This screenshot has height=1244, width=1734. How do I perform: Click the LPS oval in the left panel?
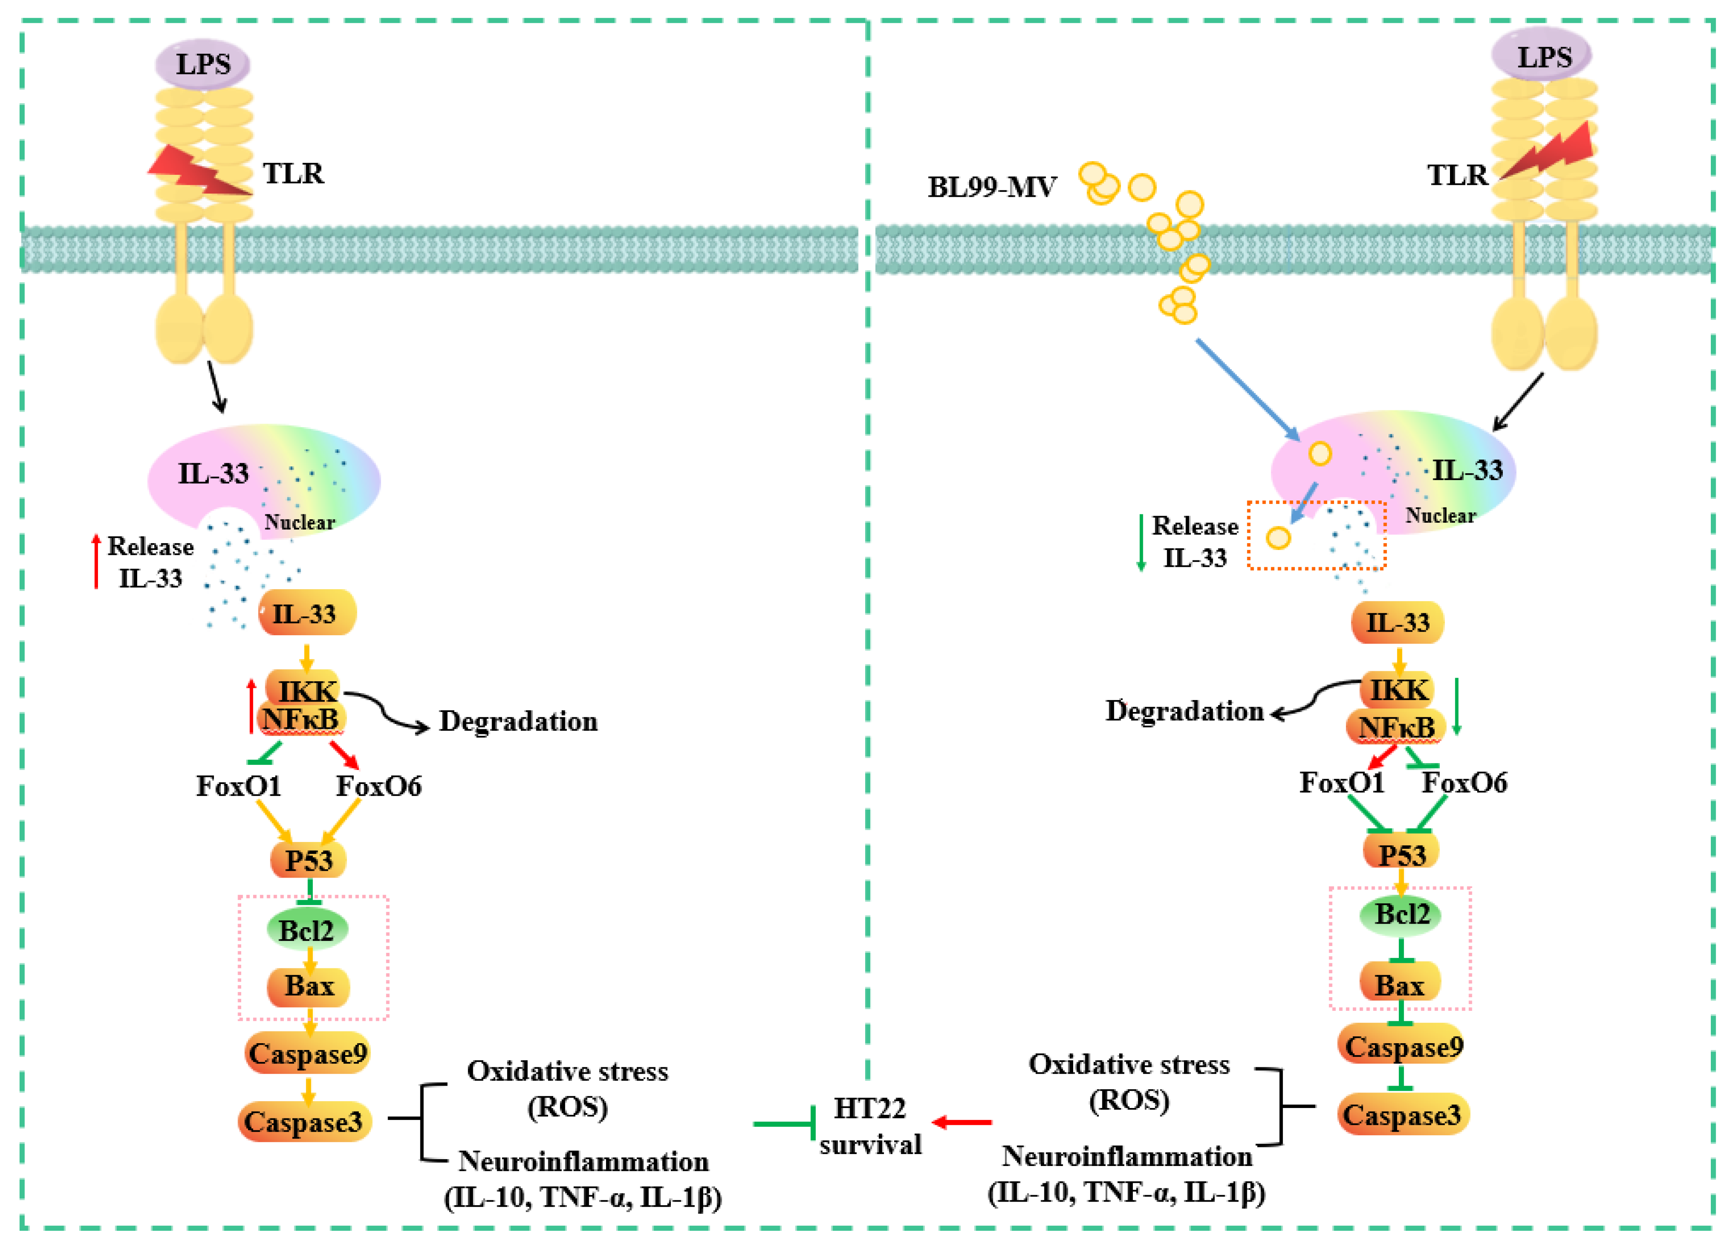pyautogui.click(x=203, y=64)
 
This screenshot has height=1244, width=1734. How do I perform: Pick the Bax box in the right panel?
pyautogui.click(x=1400, y=985)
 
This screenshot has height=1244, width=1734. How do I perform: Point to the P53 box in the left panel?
pyautogui.click(x=308, y=860)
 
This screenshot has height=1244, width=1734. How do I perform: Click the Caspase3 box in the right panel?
pyautogui.click(x=1402, y=1115)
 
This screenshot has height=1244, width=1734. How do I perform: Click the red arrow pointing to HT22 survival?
pyautogui.click(x=962, y=1122)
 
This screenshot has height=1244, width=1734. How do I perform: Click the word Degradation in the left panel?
pyautogui.click(x=518, y=721)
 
